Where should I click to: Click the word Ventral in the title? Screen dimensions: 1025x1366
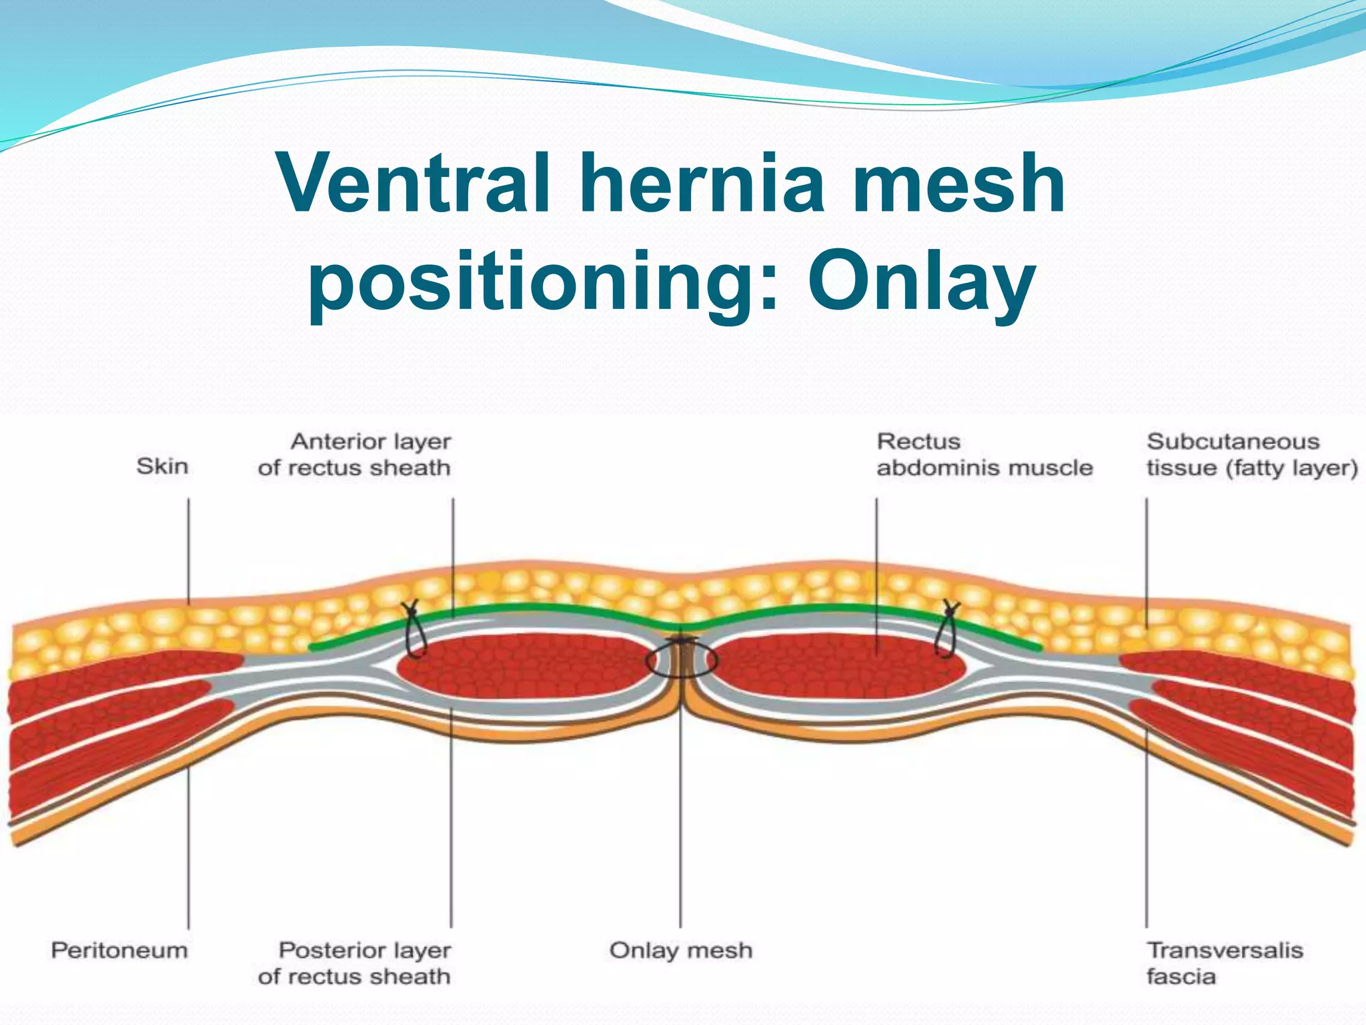point(414,183)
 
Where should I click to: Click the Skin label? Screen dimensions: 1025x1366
point(162,466)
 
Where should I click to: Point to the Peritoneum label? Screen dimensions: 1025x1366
point(119,950)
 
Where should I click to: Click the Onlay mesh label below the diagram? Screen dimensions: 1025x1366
point(680,950)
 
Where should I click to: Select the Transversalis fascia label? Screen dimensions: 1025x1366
point(1224,963)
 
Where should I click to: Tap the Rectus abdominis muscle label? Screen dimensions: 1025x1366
point(984,454)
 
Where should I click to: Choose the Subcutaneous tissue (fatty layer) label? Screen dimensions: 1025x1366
point(1252,454)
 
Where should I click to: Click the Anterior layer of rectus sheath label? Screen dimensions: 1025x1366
point(354,454)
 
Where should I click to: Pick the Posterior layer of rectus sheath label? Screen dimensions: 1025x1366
point(354,963)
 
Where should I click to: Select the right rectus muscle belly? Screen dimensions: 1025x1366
point(834,667)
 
